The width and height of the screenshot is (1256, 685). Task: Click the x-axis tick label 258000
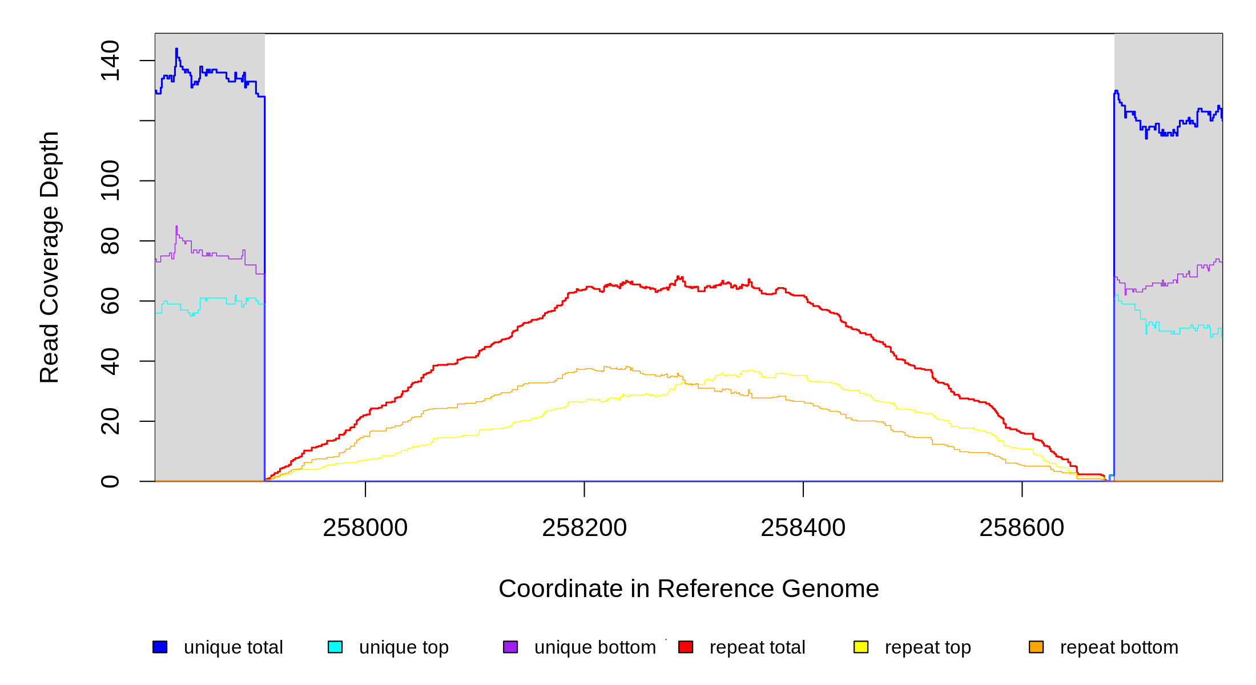365,528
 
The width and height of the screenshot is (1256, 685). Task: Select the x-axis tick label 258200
584,528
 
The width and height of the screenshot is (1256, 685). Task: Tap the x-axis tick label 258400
803,528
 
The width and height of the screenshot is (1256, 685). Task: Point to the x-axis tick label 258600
1021,528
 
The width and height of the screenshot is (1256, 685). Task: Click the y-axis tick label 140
110,61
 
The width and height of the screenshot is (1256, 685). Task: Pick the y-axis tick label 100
110,181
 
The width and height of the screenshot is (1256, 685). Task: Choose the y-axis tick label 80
110,241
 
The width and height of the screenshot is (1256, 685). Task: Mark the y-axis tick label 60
110,301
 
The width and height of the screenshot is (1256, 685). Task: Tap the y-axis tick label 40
110,361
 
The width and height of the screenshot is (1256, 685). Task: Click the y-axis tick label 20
110,421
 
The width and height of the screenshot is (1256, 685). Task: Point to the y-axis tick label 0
110,481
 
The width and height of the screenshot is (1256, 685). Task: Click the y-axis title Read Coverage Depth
50,257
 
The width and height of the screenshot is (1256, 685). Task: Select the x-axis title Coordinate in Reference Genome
689,589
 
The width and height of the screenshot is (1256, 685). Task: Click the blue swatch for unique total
160,647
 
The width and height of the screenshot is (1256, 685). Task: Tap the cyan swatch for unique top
335,647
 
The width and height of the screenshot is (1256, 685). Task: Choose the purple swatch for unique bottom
510,647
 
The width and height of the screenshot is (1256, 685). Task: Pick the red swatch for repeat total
686,647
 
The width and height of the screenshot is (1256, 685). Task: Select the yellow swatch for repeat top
861,647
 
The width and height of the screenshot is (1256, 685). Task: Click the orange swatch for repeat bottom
1036,647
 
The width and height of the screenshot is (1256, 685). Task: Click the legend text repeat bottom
1119,647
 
